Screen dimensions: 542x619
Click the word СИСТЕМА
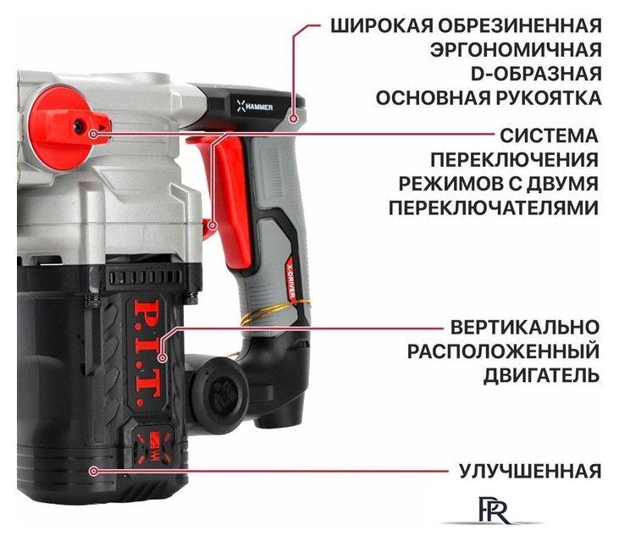[548, 135]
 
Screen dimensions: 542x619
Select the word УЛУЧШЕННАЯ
[530, 470]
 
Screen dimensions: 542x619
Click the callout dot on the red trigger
[213, 225]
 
